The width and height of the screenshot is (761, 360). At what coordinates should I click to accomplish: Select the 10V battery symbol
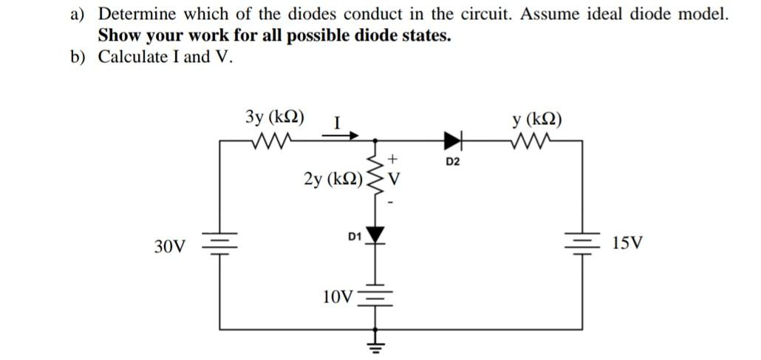(x=377, y=296)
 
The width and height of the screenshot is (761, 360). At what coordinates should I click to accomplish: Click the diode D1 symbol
(x=377, y=234)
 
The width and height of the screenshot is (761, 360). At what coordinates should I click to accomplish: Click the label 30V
(x=171, y=245)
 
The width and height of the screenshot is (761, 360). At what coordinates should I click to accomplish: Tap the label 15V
(x=627, y=242)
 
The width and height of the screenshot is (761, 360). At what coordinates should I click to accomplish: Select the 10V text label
(x=338, y=297)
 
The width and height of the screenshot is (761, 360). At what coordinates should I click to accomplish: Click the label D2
(x=453, y=160)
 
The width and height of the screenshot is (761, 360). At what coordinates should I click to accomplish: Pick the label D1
(x=354, y=237)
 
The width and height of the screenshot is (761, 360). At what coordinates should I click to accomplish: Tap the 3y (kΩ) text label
(x=277, y=116)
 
